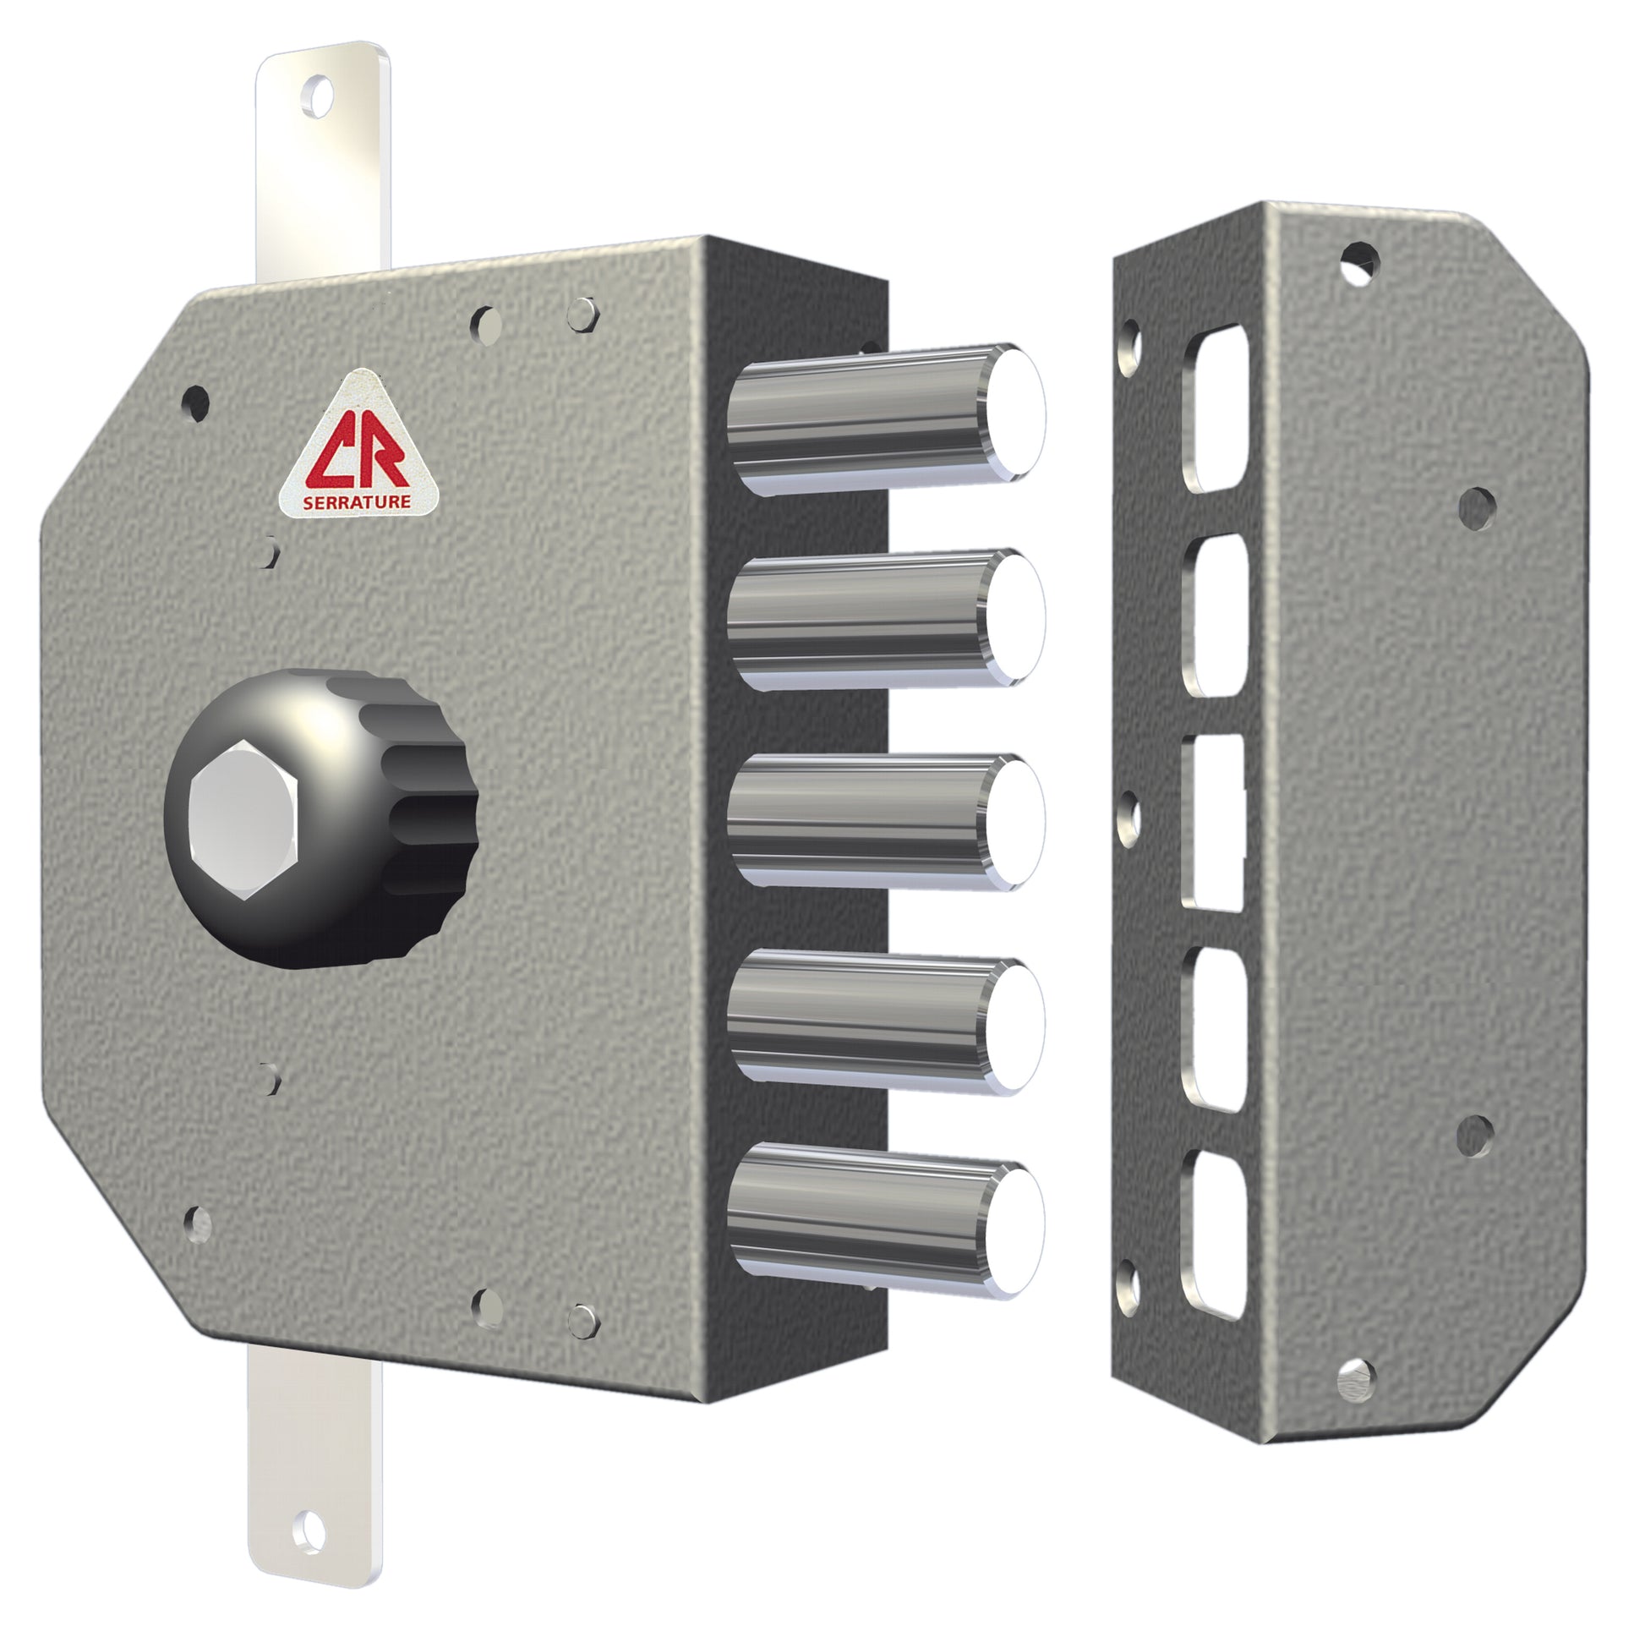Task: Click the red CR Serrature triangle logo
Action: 359,446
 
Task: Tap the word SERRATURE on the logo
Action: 357,501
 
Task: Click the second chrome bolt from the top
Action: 887,617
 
